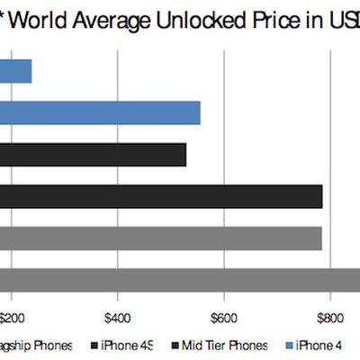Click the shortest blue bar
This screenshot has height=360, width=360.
click(x=16, y=71)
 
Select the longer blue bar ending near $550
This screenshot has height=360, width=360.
click(x=99, y=112)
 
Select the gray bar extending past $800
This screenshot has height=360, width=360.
click(x=180, y=280)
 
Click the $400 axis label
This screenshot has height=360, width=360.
click(x=119, y=317)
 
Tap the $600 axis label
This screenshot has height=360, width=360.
click(x=224, y=317)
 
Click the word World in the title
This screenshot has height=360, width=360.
click(x=36, y=20)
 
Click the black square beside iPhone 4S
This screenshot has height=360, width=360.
click(x=96, y=345)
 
